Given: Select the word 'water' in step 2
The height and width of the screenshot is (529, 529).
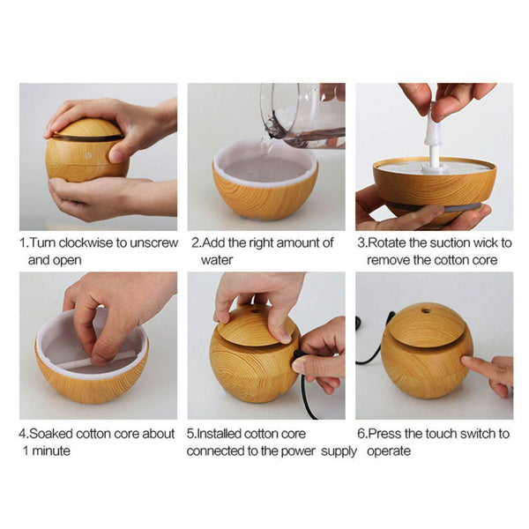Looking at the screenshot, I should coord(217,260).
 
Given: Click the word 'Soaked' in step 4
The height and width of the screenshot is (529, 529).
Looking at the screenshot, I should coord(49,434).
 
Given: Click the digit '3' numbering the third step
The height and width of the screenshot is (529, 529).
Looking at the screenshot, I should coord(361,243).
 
